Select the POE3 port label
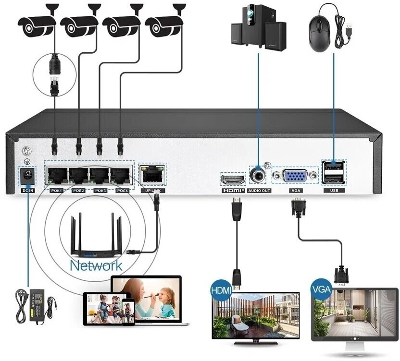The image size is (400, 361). [x=100, y=191]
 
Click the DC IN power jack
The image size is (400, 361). [x=27, y=176]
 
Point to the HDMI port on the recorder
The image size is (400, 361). [x=233, y=180]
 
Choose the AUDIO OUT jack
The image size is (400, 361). [x=259, y=176]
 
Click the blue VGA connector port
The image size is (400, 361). [x=295, y=176]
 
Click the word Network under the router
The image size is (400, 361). [x=96, y=265]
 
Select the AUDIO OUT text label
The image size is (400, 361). [x=260, y=191]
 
